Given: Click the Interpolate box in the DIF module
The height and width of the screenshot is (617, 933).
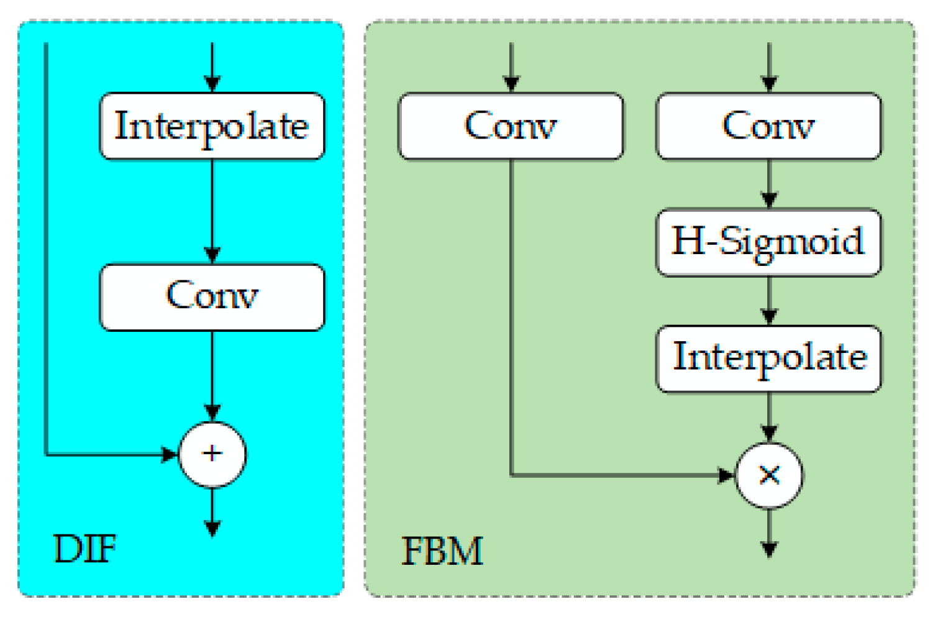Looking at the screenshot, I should click(x=212, y=126).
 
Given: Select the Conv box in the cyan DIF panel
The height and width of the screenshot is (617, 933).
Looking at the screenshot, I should click(x=212, y=297).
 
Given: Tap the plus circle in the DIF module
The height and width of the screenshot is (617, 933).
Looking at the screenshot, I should click(x=212, y=454).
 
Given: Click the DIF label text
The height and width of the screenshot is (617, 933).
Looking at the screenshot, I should click(x=84, y=549).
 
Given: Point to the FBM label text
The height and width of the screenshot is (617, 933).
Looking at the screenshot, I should click(x=442, y=551).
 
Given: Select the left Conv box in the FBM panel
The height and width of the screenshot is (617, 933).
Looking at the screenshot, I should click(x=511, y=126).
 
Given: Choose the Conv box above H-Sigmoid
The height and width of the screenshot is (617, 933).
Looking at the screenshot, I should click(x=768, y=126).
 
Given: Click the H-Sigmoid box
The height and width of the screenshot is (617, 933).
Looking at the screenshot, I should click(x=768, y=242).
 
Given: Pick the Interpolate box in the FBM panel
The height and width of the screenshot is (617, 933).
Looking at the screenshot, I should click(x=768, y=359).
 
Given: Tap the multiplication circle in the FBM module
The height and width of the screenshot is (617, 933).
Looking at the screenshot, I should click(x=769, y=475).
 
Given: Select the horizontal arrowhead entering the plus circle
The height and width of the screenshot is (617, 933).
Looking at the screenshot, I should click(x=170, y=454).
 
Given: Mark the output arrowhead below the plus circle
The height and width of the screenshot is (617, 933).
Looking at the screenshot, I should click(x=212, y=529).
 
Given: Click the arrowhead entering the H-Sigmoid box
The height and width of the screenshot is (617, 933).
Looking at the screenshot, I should click(x=769, y=200).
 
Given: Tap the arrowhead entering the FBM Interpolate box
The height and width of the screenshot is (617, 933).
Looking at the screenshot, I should click(x=769, y=316).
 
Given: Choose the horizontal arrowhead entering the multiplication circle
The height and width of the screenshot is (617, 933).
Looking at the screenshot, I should click(x=726, y=475).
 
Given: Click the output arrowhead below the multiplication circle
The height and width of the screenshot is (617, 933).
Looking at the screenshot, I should click(x=769, y=549).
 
